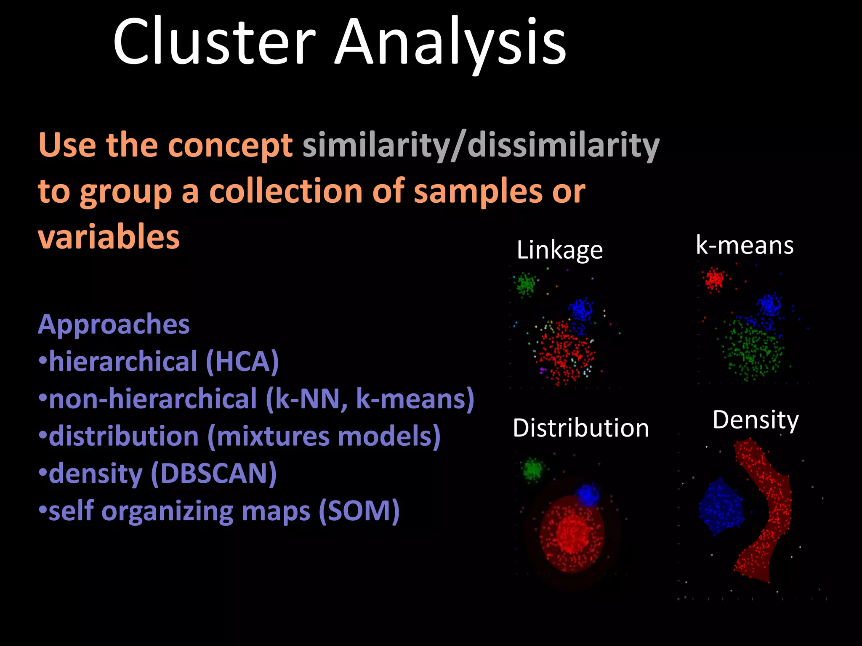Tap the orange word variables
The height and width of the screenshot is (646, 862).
click(x=109, y=237)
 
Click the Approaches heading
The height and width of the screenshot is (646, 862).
click(x=114, y=324)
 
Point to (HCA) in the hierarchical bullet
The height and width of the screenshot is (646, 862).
click(x=242, y=362)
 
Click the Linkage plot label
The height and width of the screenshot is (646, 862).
click(x=559, y=250)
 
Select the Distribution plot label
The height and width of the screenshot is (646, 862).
click(x=581, y=428)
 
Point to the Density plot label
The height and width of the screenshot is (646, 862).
click(x=756, y=420)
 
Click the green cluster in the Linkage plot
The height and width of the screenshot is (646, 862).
click(x=526, y=284)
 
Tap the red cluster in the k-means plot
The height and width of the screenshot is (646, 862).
click(x=714, y=279)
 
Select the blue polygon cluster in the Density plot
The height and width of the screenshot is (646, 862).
click(x=721, y=507)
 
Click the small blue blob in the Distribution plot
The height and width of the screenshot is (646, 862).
click(x=587, y=495)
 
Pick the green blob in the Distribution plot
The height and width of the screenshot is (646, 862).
click(x=533, y=469)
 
